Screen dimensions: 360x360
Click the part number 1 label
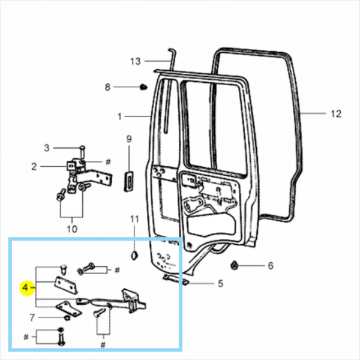pyautogui.click(x=119, y=115)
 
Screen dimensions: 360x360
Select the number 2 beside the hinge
pyautogui.click(x=35, y=166)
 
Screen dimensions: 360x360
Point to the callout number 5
pyautogui.click(x=220, y=283)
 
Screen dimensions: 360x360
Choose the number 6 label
pyautogui.click(x=270, y=265)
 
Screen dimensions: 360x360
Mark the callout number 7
pyautogui.click(x=32, y=317)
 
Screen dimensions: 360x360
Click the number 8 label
pyautogui.click(x=108, y=87)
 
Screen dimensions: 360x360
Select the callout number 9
pyautogui.click(x=128, y=139)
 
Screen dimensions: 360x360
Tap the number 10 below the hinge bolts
pyautogui.click(x=72, y=229)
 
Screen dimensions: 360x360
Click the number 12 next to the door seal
pyautogui.click(x=335, y=113)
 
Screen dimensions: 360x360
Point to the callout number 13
pyautogui.click(x=135, y=61)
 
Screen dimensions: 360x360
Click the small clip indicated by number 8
pyautogui.click(x=143, y=88)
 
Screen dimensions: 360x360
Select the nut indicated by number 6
pyautogui.click(x=235, y=265)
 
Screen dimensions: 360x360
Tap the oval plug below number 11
pyautogui.click(x=135, y=255)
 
